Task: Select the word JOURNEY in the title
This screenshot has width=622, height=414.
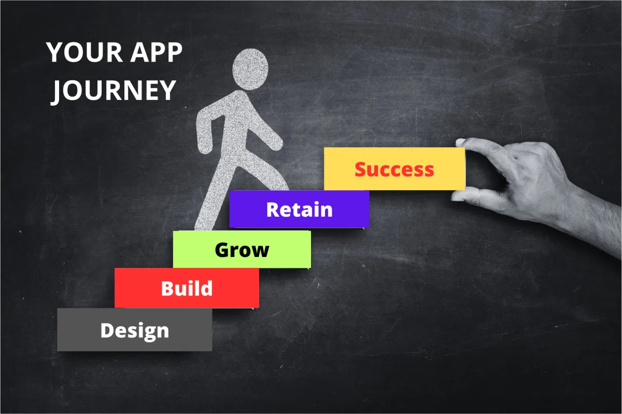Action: (114, 91)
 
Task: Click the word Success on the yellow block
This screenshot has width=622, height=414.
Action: (394, 169)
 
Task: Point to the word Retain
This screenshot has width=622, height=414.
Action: (300, 210)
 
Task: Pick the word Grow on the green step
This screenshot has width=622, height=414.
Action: (242, 250)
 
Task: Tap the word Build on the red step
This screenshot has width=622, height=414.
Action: (187, 289)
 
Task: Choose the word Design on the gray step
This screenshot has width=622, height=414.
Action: (135, 331)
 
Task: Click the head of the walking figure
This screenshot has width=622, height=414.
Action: (250, 69)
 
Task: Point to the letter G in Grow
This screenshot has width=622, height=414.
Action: (223, 250)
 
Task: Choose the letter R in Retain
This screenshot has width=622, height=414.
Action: (273, 210)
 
